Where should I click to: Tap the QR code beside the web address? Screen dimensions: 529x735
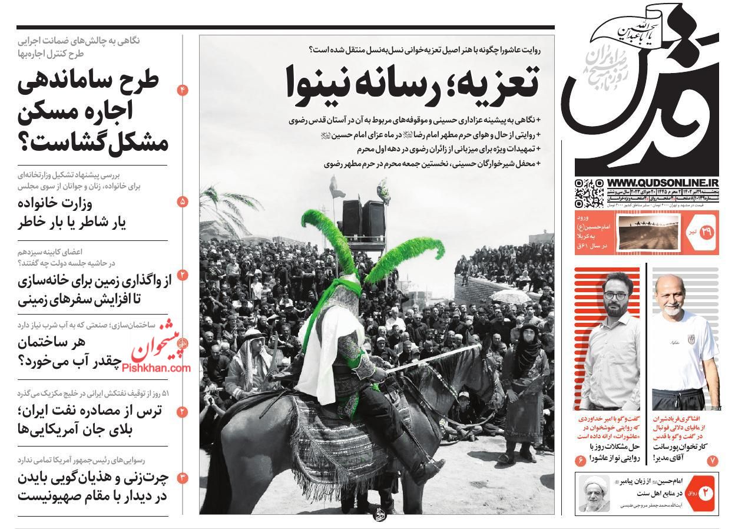pyautogui.click(x=589, y=193)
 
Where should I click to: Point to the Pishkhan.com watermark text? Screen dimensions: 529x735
pyautogui.click(x=157, y=368)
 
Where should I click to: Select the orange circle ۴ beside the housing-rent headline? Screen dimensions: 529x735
pyautogui.click(x=182, y=90)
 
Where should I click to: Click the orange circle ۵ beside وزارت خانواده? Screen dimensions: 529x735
pyautogui.click(x=182, y=201)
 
